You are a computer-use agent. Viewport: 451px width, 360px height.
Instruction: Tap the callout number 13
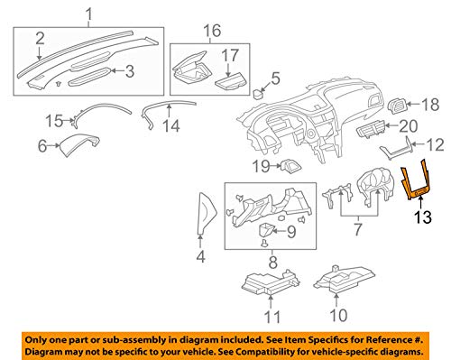point(423,217)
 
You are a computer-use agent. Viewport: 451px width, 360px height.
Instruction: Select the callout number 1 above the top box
point(89,14)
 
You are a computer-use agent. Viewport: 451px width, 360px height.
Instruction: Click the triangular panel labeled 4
point(207,213)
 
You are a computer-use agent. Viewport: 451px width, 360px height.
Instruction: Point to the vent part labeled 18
point(398,106)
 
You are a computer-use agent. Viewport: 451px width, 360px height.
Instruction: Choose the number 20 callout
point(408,126)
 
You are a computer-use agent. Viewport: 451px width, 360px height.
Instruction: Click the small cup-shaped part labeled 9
point(266,230)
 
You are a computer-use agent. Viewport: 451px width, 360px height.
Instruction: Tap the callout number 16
point(212,31)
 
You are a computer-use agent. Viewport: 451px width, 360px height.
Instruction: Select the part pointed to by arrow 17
point(231,81)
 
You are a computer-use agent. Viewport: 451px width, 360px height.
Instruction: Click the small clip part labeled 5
point(258,94)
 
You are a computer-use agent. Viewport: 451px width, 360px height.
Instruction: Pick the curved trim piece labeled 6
point(78,143)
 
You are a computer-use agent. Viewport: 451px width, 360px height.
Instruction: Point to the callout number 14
point(171,125)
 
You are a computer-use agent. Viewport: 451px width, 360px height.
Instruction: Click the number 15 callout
point(54,121)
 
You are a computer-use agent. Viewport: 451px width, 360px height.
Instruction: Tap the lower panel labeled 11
point(271,282)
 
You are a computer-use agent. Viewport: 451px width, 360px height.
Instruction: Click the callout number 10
point(338,315)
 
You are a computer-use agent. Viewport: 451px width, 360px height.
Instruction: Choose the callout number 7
point(358,229)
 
